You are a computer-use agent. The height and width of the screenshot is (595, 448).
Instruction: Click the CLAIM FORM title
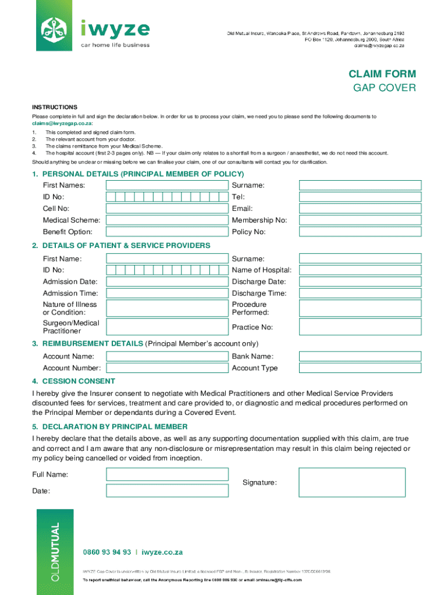382,74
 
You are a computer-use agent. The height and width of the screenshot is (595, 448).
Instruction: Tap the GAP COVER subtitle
385,88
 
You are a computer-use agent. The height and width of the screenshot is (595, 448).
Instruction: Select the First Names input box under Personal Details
166,185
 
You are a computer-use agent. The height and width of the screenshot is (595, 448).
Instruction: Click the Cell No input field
166,209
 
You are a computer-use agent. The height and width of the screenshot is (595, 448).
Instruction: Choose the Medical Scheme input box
166,220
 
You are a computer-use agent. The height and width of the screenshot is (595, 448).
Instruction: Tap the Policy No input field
360,232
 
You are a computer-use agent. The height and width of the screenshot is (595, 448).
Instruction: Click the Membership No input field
360,220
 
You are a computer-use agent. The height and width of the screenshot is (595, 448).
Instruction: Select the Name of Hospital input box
360,270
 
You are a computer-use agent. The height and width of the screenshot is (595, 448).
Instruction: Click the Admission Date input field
166,282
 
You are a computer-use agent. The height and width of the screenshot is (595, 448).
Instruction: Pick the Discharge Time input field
360,293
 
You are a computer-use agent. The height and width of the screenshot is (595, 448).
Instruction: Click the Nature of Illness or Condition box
166,308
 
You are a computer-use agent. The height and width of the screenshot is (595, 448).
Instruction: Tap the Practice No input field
360,327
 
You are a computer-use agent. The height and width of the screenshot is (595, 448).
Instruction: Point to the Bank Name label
253,356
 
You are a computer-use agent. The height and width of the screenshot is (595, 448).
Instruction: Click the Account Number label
72,368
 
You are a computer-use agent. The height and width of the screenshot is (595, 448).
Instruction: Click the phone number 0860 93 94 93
106,552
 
